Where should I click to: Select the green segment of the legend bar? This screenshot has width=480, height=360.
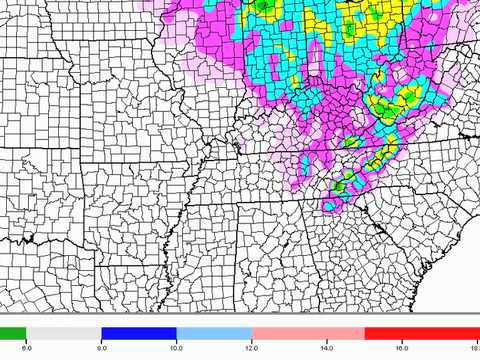13,333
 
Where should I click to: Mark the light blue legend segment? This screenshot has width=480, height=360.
214,333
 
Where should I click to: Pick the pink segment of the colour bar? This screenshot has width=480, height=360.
308,333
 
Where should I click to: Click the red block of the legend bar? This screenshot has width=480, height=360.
420,333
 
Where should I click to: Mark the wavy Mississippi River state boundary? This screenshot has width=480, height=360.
196,200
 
